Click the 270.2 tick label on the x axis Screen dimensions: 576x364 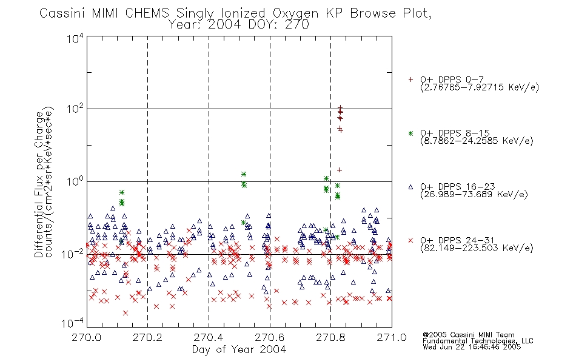pos(148,337)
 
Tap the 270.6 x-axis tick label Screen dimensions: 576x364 pos(270,337)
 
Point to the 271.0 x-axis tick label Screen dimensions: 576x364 pos(392,337)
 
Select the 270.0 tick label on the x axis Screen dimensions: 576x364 pos(87,337)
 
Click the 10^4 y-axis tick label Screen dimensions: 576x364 pos(75,38)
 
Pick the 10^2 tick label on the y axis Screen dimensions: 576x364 pos(75,110)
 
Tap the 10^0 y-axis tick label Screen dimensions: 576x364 pos(75,182)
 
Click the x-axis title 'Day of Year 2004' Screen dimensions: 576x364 pos(239,349)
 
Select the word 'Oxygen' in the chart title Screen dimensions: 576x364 pos(296,13)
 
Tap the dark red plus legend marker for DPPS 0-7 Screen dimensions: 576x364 pos(410,79)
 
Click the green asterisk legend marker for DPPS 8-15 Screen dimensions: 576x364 pos(410,133)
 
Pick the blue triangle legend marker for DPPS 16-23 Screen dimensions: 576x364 pos(410,187)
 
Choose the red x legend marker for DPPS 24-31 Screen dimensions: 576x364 pos(410,240)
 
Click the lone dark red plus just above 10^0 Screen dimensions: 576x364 pos(340,170)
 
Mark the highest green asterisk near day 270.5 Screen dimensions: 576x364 pos(244,174)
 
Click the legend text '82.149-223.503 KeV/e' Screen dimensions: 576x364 pos(477,248)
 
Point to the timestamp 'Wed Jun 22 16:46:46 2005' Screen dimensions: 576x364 pos(472,346)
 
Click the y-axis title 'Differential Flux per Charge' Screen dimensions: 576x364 pos(39,184)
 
